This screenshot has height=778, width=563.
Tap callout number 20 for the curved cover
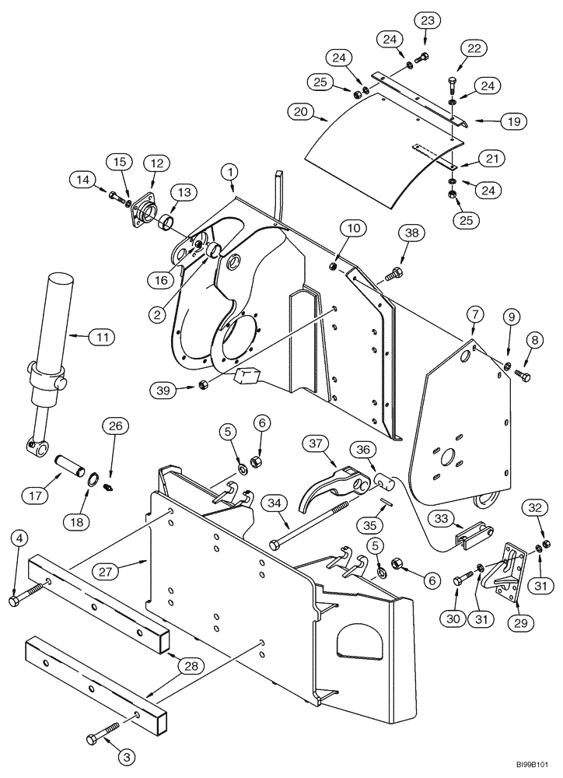point(299,111)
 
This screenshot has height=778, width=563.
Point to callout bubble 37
point(316,443)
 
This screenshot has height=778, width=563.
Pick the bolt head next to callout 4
point(16,601)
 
